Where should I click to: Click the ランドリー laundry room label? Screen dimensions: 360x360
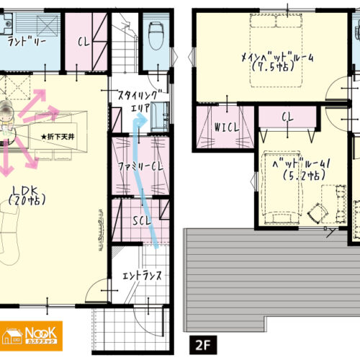pyautogui.click(x=27, y=42)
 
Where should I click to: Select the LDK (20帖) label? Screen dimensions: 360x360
pyautogui.click(x=27, y=196)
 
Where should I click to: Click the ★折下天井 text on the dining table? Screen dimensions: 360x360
pyautogui.click(x=58, y=137)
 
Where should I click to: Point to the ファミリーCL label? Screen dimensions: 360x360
pyautogui.click(x=140, y=166)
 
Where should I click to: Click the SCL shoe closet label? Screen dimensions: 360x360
pyautogui.click(x=142, y=220)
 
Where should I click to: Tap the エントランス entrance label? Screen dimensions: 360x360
pyautogui.click(x=142, y=276)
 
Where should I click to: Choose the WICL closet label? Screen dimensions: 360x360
pyautogui.click(x=227, y=127)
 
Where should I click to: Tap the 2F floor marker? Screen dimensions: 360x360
pyautogui.click(x=203, y=345)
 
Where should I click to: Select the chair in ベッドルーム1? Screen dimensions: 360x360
pyautogui.click(x=318, y=213)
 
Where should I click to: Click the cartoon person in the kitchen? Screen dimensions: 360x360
pyautogui.click(x=6, y=117)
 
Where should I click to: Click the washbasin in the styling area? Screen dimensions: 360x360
pyautogui.click(x=160, y=117)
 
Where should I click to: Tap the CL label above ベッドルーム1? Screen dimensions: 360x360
pyautogui.click(x=288, y=117)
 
